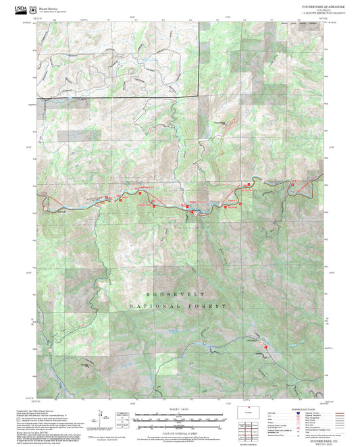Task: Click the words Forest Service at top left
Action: click(48, 9)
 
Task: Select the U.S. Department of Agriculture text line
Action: click(52, 12)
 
